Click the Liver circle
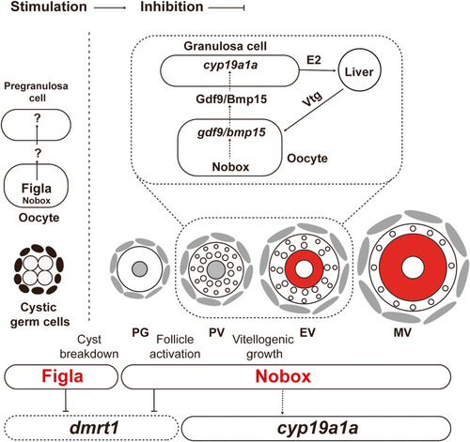360,69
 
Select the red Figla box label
62,376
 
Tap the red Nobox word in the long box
283,376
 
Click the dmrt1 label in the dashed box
94,428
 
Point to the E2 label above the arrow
314,59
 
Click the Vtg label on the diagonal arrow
312,99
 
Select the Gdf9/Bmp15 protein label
231,99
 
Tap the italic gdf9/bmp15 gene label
231,132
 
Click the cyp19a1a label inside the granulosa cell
230,65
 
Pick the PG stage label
140,332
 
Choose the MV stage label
402,333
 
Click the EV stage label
307,332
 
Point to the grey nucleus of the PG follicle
139,269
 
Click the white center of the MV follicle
413,267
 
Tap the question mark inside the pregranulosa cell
38,118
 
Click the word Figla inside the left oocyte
37,189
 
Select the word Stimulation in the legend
49,7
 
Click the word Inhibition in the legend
172,7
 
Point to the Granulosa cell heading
226,46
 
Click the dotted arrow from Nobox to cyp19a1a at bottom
283,402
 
